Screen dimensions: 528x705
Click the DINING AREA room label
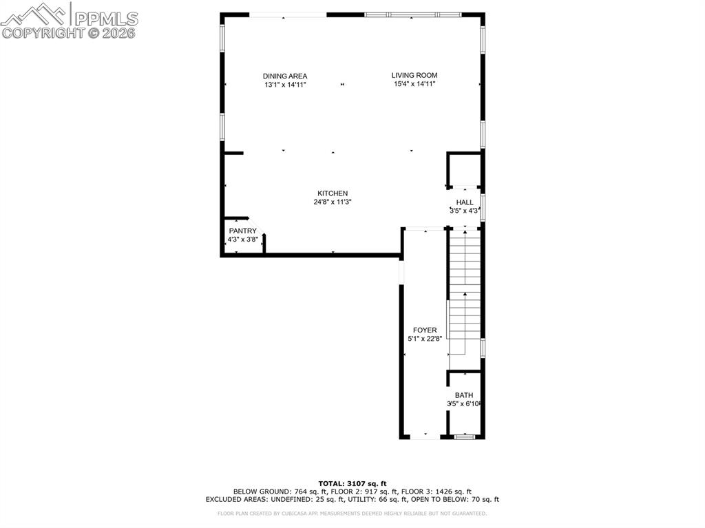point(284,76)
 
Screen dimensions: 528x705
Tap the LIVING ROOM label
point(414,75)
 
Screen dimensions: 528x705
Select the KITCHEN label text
point(333,193)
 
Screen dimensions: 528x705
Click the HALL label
point(465,202)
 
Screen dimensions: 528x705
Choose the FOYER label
point(425,330)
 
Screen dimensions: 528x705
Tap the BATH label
point(463,395)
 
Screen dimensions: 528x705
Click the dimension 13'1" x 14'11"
point(284,85)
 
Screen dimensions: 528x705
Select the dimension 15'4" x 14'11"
point(414,84)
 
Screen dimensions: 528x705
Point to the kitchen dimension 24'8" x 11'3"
point(333,202)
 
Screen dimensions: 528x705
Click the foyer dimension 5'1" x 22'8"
point(425,339)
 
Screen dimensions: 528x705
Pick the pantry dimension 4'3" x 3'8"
point(242,240)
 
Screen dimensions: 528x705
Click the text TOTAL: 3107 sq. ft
point(352,483)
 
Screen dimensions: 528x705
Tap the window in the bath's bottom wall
point(465,436)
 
